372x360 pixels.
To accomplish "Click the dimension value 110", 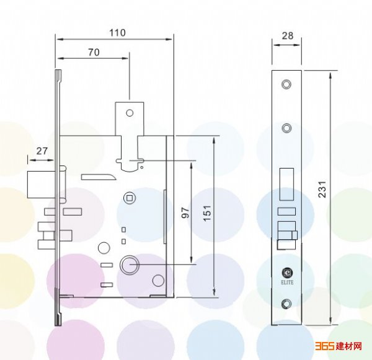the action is point(117,33).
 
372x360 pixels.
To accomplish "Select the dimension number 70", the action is point(94,53).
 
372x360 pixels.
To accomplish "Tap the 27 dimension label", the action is point(42,151).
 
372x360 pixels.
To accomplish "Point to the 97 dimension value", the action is point(185,213).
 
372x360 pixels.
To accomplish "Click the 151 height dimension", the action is point(207,213).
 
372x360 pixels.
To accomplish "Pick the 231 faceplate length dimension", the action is point(322,189).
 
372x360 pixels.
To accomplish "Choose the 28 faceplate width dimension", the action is point(288,36).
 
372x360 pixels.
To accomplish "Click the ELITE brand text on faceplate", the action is point(287,282).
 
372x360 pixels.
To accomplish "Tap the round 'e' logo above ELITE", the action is point(287,273).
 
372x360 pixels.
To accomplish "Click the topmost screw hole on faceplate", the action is point(286,84).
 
